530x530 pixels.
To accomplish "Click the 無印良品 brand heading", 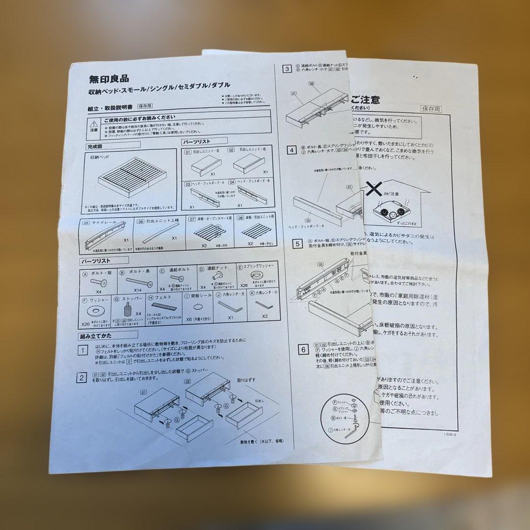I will (x=108, y=78).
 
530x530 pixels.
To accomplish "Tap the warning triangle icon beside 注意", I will (x=94, y=124).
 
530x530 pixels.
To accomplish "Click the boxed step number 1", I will (x=83, y=350).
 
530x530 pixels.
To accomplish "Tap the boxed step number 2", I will (x=82, y=378).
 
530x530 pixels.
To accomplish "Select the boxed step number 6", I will (x=304, y=349).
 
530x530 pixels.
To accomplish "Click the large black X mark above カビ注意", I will (x=375, y=188).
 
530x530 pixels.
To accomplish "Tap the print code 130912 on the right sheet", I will (x=451, y=434).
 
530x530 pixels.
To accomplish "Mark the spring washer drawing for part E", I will (x=255, y=275).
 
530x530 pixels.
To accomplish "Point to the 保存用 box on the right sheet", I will (x=431, y=109).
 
